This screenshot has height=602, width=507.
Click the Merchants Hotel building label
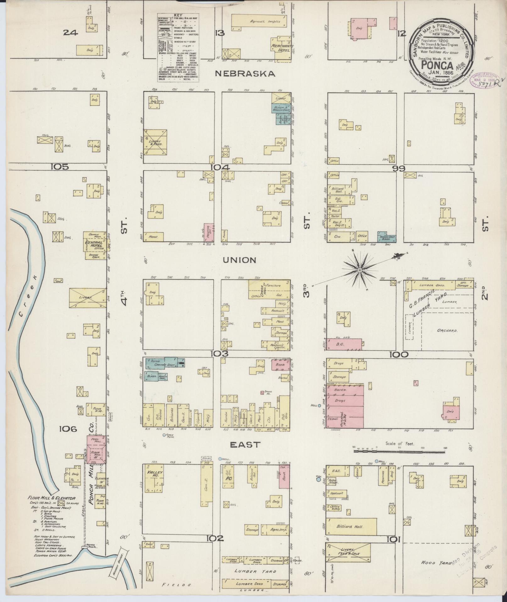(282, 48)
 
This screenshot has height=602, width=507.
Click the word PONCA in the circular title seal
(437, 66)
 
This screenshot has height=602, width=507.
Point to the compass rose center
(360, 270)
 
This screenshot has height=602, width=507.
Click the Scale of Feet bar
(399, 451)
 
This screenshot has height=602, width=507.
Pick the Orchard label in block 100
(447, 331)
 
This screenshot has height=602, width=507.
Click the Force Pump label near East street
(170, 436)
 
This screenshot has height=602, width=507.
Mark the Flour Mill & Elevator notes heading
(52, 498)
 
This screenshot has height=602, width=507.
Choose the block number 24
(70, 32)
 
